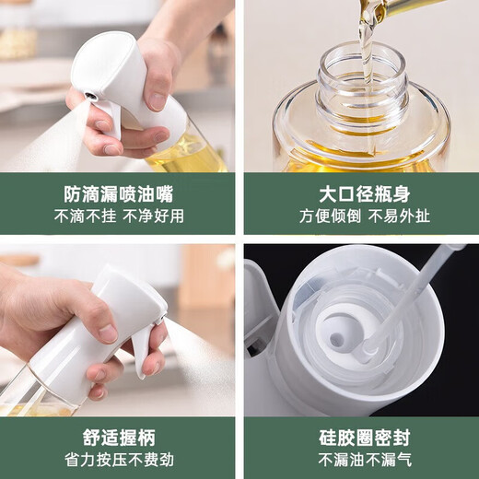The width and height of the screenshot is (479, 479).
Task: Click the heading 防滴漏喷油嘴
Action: pyautogui.click(x=118, y=195)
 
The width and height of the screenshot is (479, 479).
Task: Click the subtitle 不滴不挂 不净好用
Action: pyautogui.click(x=118, y=217)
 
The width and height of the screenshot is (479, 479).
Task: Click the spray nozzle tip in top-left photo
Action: pyautogui.click(x=88, y=96)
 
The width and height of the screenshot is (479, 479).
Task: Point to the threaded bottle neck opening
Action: pyautogui.click(x=361, y=78)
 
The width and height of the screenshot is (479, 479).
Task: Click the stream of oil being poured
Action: pyautogui.click(x=366, y=37)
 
